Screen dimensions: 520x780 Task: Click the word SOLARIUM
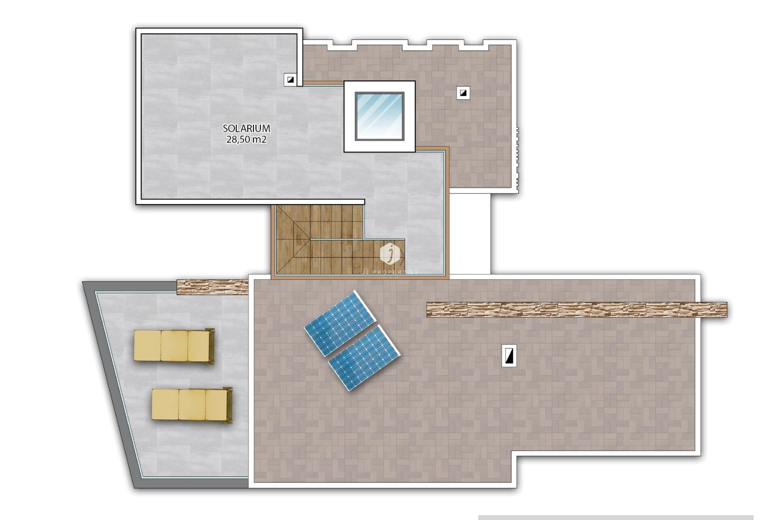click(246, 128)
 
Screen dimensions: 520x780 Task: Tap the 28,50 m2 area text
click(246, 140)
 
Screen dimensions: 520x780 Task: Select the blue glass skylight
click(379, 116)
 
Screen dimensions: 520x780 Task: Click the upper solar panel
click(339, 323)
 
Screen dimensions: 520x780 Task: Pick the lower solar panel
click(364, 357)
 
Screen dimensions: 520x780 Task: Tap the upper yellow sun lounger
click(174, 346)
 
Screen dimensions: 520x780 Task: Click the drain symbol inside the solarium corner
click(290, 80)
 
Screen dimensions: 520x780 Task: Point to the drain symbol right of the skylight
click(463, 93)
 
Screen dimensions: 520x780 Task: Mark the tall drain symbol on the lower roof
click(509, 355)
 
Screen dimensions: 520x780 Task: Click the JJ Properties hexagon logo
click(390, 253)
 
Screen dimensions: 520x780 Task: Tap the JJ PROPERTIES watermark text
click(390, 272)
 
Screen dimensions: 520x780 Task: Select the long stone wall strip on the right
click(577, 310)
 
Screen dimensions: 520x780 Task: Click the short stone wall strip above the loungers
click(212, 286)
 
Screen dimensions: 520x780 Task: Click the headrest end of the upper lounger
click(210, 346)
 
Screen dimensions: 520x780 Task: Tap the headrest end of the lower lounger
click(229, 405)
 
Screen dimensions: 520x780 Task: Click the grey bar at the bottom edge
click(615, 518)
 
